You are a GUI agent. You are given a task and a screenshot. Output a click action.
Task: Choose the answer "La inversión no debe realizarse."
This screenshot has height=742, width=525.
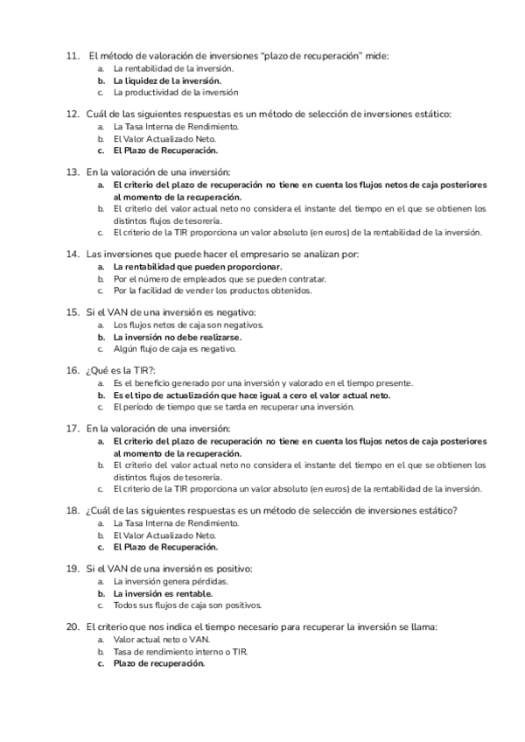tap(177, 336)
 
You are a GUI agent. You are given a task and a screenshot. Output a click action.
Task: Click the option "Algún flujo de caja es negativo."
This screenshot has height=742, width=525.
tap(175, 348)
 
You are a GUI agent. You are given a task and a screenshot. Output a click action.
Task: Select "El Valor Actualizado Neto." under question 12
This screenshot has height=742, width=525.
tap(164, 138)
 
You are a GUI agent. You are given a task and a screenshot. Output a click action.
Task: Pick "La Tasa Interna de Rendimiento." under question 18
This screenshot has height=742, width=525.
tap(176, 522)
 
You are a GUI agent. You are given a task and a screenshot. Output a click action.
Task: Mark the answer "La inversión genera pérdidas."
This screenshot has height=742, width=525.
tap(171, 581)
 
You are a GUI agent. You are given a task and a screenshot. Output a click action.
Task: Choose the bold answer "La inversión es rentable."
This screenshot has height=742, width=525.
tap(163, 592)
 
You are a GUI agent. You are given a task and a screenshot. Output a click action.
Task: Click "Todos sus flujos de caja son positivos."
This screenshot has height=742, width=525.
tap(187, 605)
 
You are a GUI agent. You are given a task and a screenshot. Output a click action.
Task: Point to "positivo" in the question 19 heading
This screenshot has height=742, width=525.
tap(233, 569)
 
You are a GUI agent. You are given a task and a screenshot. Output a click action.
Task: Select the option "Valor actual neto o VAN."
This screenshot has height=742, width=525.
tap(162, 639)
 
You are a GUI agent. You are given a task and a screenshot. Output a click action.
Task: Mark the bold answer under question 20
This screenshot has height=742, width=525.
tap(158, 663)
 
